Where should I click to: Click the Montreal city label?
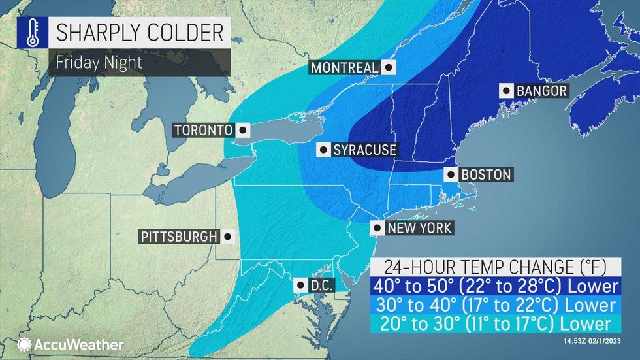(x=344, y=67)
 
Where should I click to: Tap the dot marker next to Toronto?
(x=242, y=129)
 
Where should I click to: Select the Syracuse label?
(x=364, y=150)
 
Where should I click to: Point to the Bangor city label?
(x=541, y=91)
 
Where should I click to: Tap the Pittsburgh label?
(x=178, y=237)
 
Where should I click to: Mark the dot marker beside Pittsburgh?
(x=227, y=237)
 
